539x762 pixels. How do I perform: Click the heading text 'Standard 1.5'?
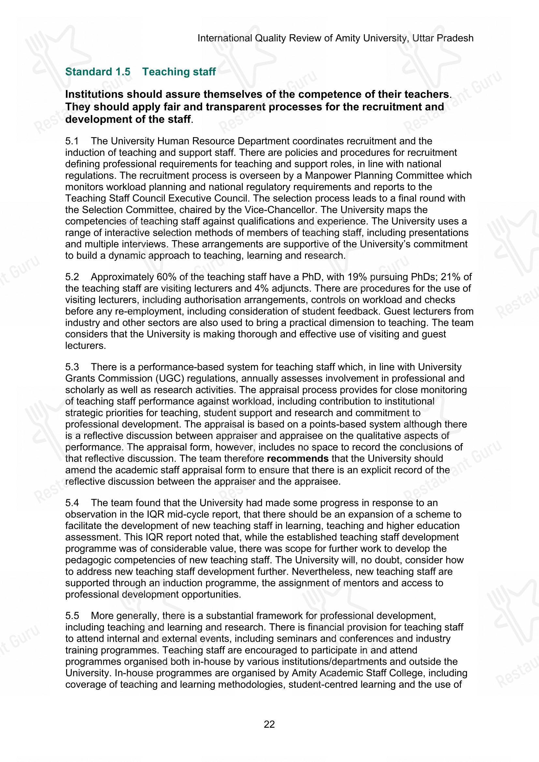(97, 72)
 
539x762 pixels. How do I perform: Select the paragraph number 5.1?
(72, 141)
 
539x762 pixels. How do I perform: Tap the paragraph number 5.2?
(72, 277)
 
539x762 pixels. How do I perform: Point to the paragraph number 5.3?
(72, 367)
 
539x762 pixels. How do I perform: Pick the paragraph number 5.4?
(72, 503)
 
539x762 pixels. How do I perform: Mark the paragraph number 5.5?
(72, 616)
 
